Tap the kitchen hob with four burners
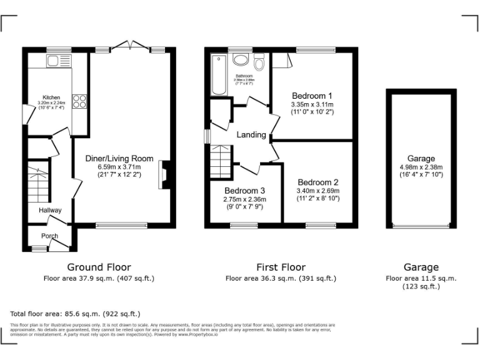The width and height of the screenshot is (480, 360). pyautogui.click(x=79, y=101)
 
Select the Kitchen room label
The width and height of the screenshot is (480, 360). pyautogui.click(x=51, y=97)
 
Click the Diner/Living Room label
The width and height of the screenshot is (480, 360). pyautogui.click(x=119, y=159)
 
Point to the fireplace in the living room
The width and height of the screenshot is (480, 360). pyautogui.click(x=163, y=174)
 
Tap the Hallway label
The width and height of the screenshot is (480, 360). pyautogui.click(x=50, y=211)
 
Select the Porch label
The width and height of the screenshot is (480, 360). pyautogui.click(x=50, y=236)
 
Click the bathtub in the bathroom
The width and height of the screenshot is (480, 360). pyautogui.click(x=219, y=76)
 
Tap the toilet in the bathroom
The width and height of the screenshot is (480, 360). pyautogui.click(x=259, y=62)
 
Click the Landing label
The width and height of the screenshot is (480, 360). pyautogui.click(x=251, y=135)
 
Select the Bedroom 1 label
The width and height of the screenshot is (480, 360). pyautogui.click(x=312, y=95)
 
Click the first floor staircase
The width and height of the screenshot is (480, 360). pyautogui.click(x=221, y=161)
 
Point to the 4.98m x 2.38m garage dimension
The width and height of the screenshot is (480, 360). pyautogui.click(x=421, y=167)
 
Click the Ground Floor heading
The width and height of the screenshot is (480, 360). pyautogui.click(x=99, y=267)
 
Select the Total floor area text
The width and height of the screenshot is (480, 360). pyautogui.click(x=75, y=313)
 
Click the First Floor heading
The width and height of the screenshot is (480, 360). pyautogui.click(x=281, y=267)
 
